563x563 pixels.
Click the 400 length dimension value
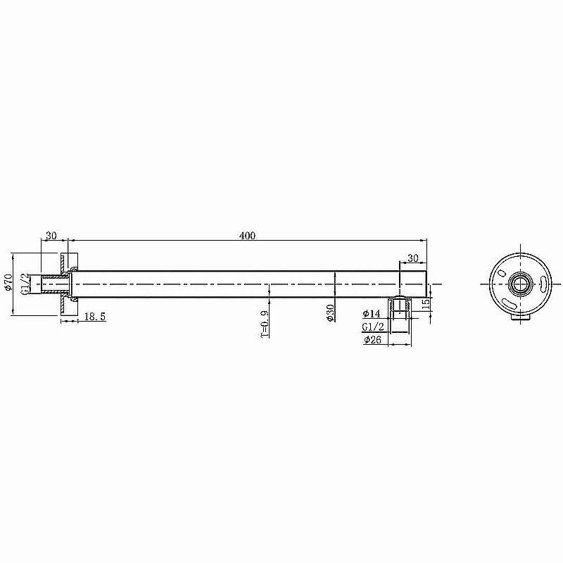[x=246, y=236]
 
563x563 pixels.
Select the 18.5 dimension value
[x=94, y=317]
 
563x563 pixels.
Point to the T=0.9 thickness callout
[x=265, y=324]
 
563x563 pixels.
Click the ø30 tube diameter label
[x=331, y=313]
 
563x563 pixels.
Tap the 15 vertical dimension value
[x=425, y=304]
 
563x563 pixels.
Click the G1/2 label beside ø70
[x=25, y=284]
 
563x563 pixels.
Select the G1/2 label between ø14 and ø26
[x=372, y=327]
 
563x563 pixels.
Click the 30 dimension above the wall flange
[x=51, y=236]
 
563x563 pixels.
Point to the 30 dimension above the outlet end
[x=412, y=258]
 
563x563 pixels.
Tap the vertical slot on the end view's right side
[x=544, y=284]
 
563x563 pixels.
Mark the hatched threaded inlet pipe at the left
[x=55, y=284]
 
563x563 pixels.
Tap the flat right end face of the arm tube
[x=426, y=284]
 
